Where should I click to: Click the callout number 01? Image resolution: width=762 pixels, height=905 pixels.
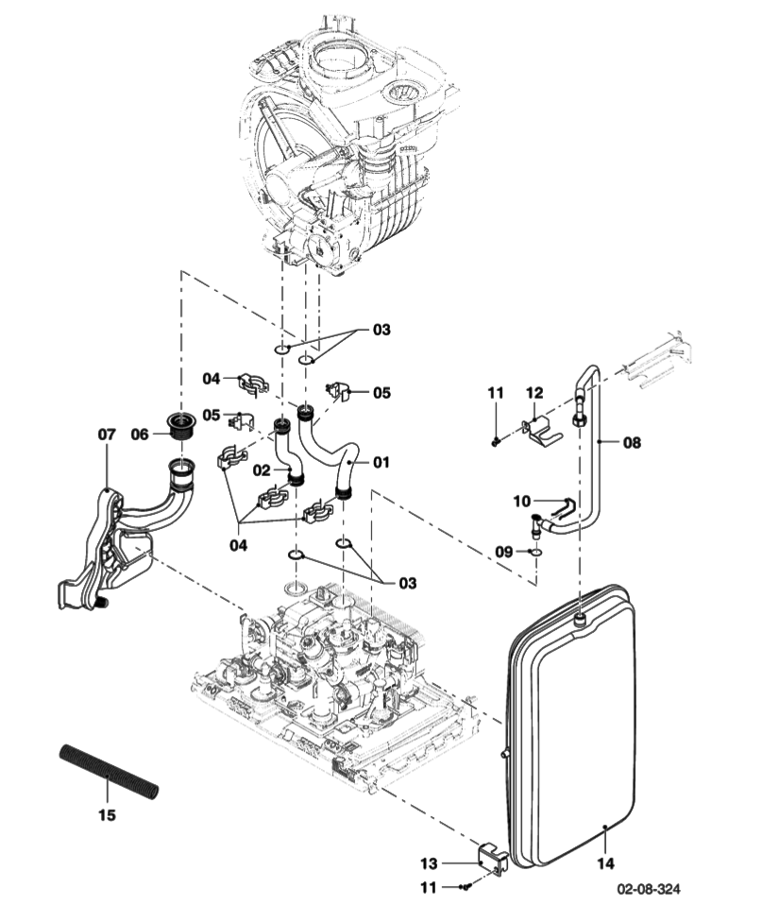coord(381,463)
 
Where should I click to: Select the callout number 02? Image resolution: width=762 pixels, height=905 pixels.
coord(262,470)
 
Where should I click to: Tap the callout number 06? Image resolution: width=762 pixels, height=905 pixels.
coord(140,435)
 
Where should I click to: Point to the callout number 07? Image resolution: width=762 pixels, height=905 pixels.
coord(107,435)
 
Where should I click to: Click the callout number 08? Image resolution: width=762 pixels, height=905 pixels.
coord(632,441)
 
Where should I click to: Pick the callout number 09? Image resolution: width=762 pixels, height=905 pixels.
coord(503,551)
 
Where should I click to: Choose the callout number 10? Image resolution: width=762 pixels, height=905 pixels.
coord(522,502)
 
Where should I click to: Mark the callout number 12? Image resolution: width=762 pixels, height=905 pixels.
coord(534,392)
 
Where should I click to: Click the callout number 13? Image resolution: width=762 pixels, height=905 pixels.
coord(429,863)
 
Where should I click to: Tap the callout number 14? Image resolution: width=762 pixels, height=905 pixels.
coord(605,863)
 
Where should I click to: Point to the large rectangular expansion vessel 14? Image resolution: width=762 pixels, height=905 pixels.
coord(571,727)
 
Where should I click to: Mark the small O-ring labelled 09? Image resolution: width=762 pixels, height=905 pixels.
coord(535,551)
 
